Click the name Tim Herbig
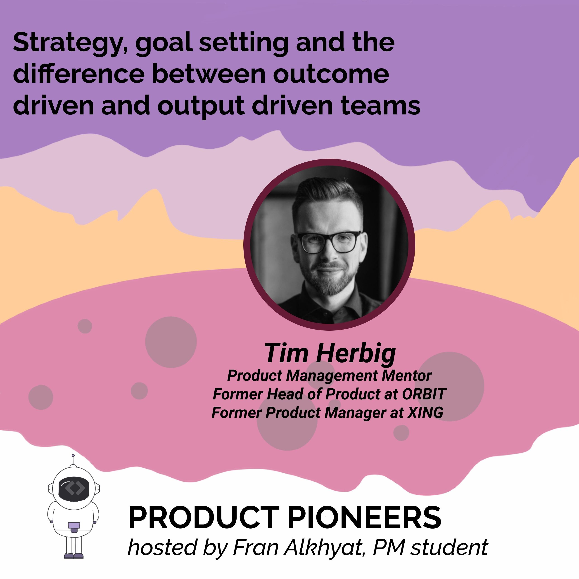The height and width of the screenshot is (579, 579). click(x=330, y=353)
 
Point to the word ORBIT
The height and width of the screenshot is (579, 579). click(x=424, y=394)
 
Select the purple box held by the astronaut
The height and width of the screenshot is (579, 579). click(x=74, y=525)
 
